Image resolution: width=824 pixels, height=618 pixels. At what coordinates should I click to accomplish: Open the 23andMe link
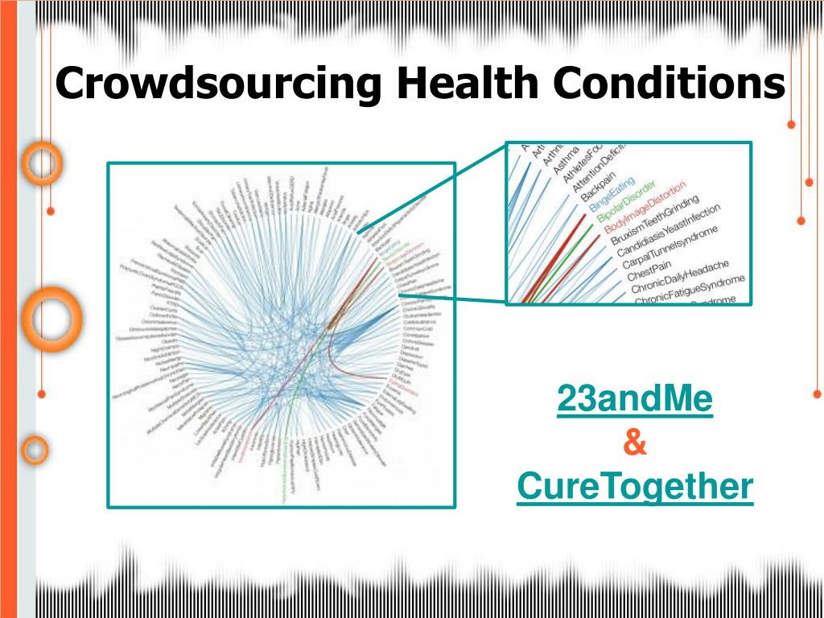coord(635,400)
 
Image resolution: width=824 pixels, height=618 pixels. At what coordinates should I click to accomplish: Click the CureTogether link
coord(635,486)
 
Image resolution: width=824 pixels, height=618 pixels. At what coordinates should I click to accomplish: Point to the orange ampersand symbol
coord(635,443)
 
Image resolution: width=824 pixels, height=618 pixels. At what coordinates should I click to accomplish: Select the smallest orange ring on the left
coord(34,451)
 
